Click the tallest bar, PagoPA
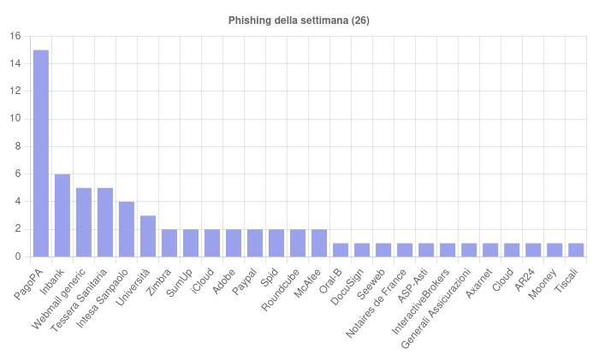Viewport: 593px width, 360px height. point(41,154)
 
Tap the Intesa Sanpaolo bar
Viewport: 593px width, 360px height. point(127,229)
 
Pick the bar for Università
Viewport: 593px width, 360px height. point(148,236)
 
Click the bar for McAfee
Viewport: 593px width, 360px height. point(319,243)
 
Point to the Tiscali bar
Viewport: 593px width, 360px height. point(576,250)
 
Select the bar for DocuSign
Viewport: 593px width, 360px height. point(362,250)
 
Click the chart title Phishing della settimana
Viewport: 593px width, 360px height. point(299,20)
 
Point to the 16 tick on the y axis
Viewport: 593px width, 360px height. point(15,36)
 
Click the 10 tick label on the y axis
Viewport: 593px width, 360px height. point(15,119)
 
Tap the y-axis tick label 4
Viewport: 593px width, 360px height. point(17,202)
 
